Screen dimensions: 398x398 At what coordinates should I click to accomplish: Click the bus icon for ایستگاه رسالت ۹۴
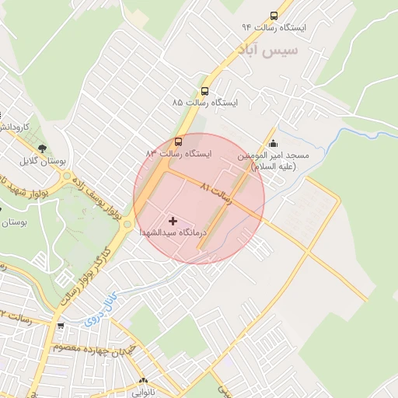(x=273, y=16)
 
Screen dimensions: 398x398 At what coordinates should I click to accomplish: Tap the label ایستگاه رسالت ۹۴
(x=274, y=28)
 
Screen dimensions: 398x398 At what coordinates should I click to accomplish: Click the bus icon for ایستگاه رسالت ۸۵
(x=204, y=90)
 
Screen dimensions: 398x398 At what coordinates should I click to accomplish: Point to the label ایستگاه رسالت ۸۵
(x=205, y=103)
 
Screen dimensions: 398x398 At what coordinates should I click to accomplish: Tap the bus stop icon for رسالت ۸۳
(x=179, y=142)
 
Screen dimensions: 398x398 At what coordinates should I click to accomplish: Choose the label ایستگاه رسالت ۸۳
(x=178, y=154)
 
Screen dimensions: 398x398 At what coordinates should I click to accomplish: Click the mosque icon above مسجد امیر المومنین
(x=272, y=143)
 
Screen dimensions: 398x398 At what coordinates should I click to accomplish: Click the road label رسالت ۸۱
(x=216, y=194)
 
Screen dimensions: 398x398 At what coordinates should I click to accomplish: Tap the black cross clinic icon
(x=173, y=222)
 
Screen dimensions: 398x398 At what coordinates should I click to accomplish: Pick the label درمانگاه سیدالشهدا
(x=173, y=233)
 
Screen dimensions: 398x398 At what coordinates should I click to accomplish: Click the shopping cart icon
(x=60, y=327)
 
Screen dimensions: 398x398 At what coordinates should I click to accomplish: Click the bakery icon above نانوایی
(x=142, y=382)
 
